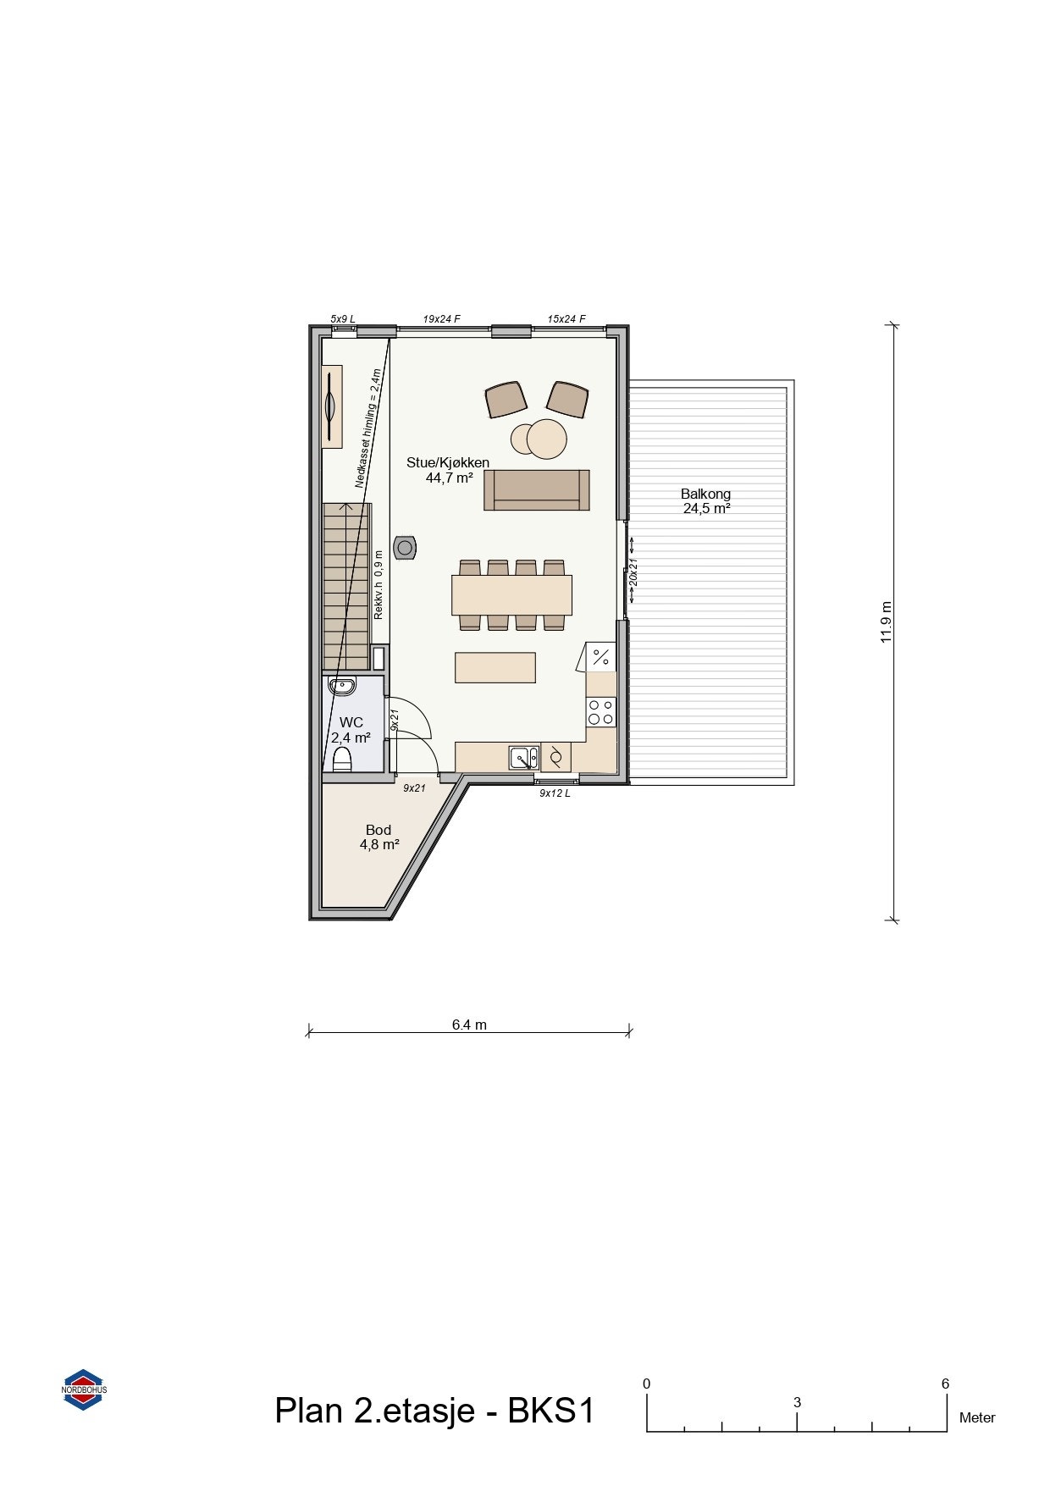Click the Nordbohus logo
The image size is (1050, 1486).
[85, 1389]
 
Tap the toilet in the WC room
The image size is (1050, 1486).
[342, 758]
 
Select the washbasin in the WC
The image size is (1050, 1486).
[342, 686]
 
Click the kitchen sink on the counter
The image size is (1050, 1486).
[523, 757]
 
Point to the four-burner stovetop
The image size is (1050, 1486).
[602, 712]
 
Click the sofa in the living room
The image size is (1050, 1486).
[537, 490]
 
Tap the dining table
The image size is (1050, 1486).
[511, 594]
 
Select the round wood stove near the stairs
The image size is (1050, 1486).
[406, 548]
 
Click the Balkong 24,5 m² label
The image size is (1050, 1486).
[706, 501]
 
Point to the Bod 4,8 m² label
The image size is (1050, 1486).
[379, 837]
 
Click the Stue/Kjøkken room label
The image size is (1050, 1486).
[448, 470]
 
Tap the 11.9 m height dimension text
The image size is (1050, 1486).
[887, 622]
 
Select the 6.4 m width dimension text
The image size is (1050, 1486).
[469, 1025]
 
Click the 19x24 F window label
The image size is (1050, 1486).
[441, 319]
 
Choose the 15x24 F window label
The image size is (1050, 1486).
[566, 319]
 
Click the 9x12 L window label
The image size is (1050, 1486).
[555, 793]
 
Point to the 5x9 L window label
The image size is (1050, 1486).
[343, 319]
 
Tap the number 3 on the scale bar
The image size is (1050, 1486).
[797, 1402]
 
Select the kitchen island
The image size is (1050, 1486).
[495, 667]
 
